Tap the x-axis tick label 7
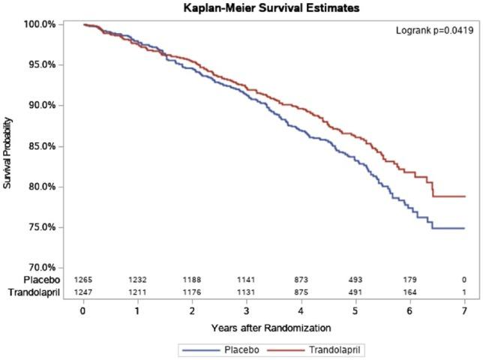pos(464,309)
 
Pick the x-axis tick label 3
pos(246,309)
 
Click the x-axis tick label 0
pos(82,309)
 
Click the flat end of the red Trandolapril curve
pos(450,196)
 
